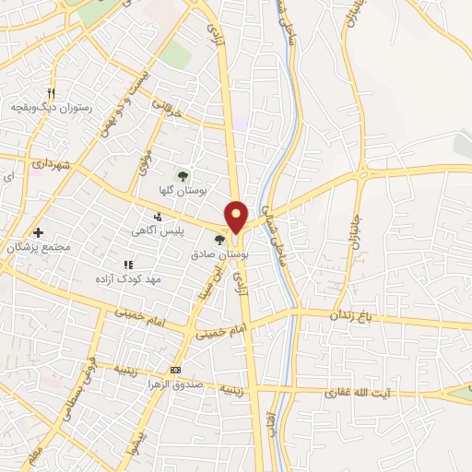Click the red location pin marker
click(238, 215)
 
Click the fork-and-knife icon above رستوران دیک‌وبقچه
click(52, 93)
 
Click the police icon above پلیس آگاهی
click(158, 217)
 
